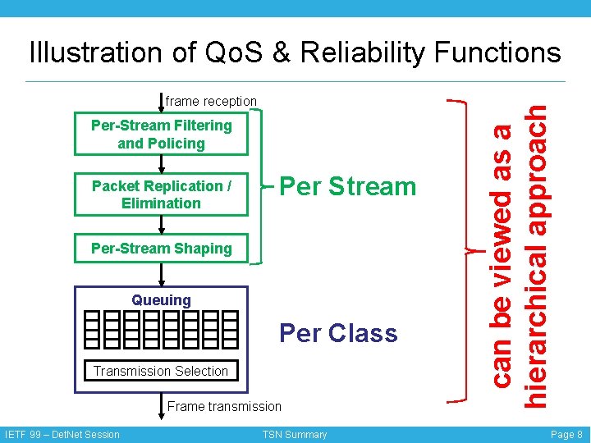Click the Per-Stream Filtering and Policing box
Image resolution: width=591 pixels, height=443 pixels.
pyautogui.click(x=161, y=135)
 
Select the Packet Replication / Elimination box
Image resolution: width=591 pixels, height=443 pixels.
pyautogui.click(x=161, y=194)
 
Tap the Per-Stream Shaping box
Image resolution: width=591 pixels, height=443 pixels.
pyautogui.click(x=161, y=249)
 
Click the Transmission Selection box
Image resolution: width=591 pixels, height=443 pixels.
pyautogui.click(x=161, y=371)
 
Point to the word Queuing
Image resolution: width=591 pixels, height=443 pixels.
pyautogui.click(x=161, y=300)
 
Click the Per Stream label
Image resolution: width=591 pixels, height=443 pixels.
pyautogui.click(x=348, y=186)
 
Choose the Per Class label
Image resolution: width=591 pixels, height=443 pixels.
pyautogui.click(x=338, y=333)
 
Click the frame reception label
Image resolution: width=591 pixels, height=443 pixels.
pyautogui.click(x=211, y=101)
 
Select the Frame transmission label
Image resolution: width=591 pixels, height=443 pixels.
pyautogui.click(x=224, y=406)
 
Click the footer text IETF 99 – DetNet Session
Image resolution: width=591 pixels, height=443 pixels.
pyautogui.click(x=62, y=435)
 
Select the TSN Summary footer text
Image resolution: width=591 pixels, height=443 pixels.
pyautogui.click(x=295, y=435)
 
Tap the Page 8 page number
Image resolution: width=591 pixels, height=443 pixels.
pyautogui.click(x=566, y=435)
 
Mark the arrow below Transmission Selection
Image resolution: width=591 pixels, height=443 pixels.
pyautogui.click(x=161, y=395)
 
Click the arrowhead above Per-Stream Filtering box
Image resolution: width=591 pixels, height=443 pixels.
pyautogui.click(x=161, y=107)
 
